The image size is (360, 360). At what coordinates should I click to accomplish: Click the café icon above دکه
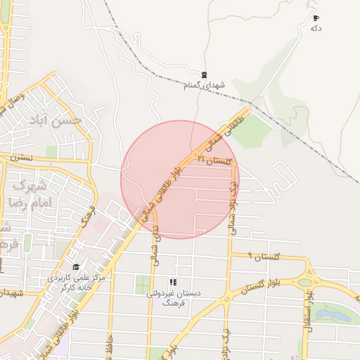coord(316,18)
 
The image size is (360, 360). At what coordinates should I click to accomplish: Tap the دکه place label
coord(316,28)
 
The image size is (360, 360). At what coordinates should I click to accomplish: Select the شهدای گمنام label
coord(204,85)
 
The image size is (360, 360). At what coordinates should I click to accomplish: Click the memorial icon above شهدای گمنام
coord(204,75)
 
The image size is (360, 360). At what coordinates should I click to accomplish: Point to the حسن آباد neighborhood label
coord(56,120)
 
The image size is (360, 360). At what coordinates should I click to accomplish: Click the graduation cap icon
coord(75,267)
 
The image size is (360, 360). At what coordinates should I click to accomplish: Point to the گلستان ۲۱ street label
coord(214,160)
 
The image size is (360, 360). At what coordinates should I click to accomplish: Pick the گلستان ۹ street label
coord(264,257)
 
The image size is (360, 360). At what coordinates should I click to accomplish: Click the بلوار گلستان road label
coord(259,284)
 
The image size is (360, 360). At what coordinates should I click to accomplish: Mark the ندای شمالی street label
coord(155,243)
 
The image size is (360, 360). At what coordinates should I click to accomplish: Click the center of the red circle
coord(180,179)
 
